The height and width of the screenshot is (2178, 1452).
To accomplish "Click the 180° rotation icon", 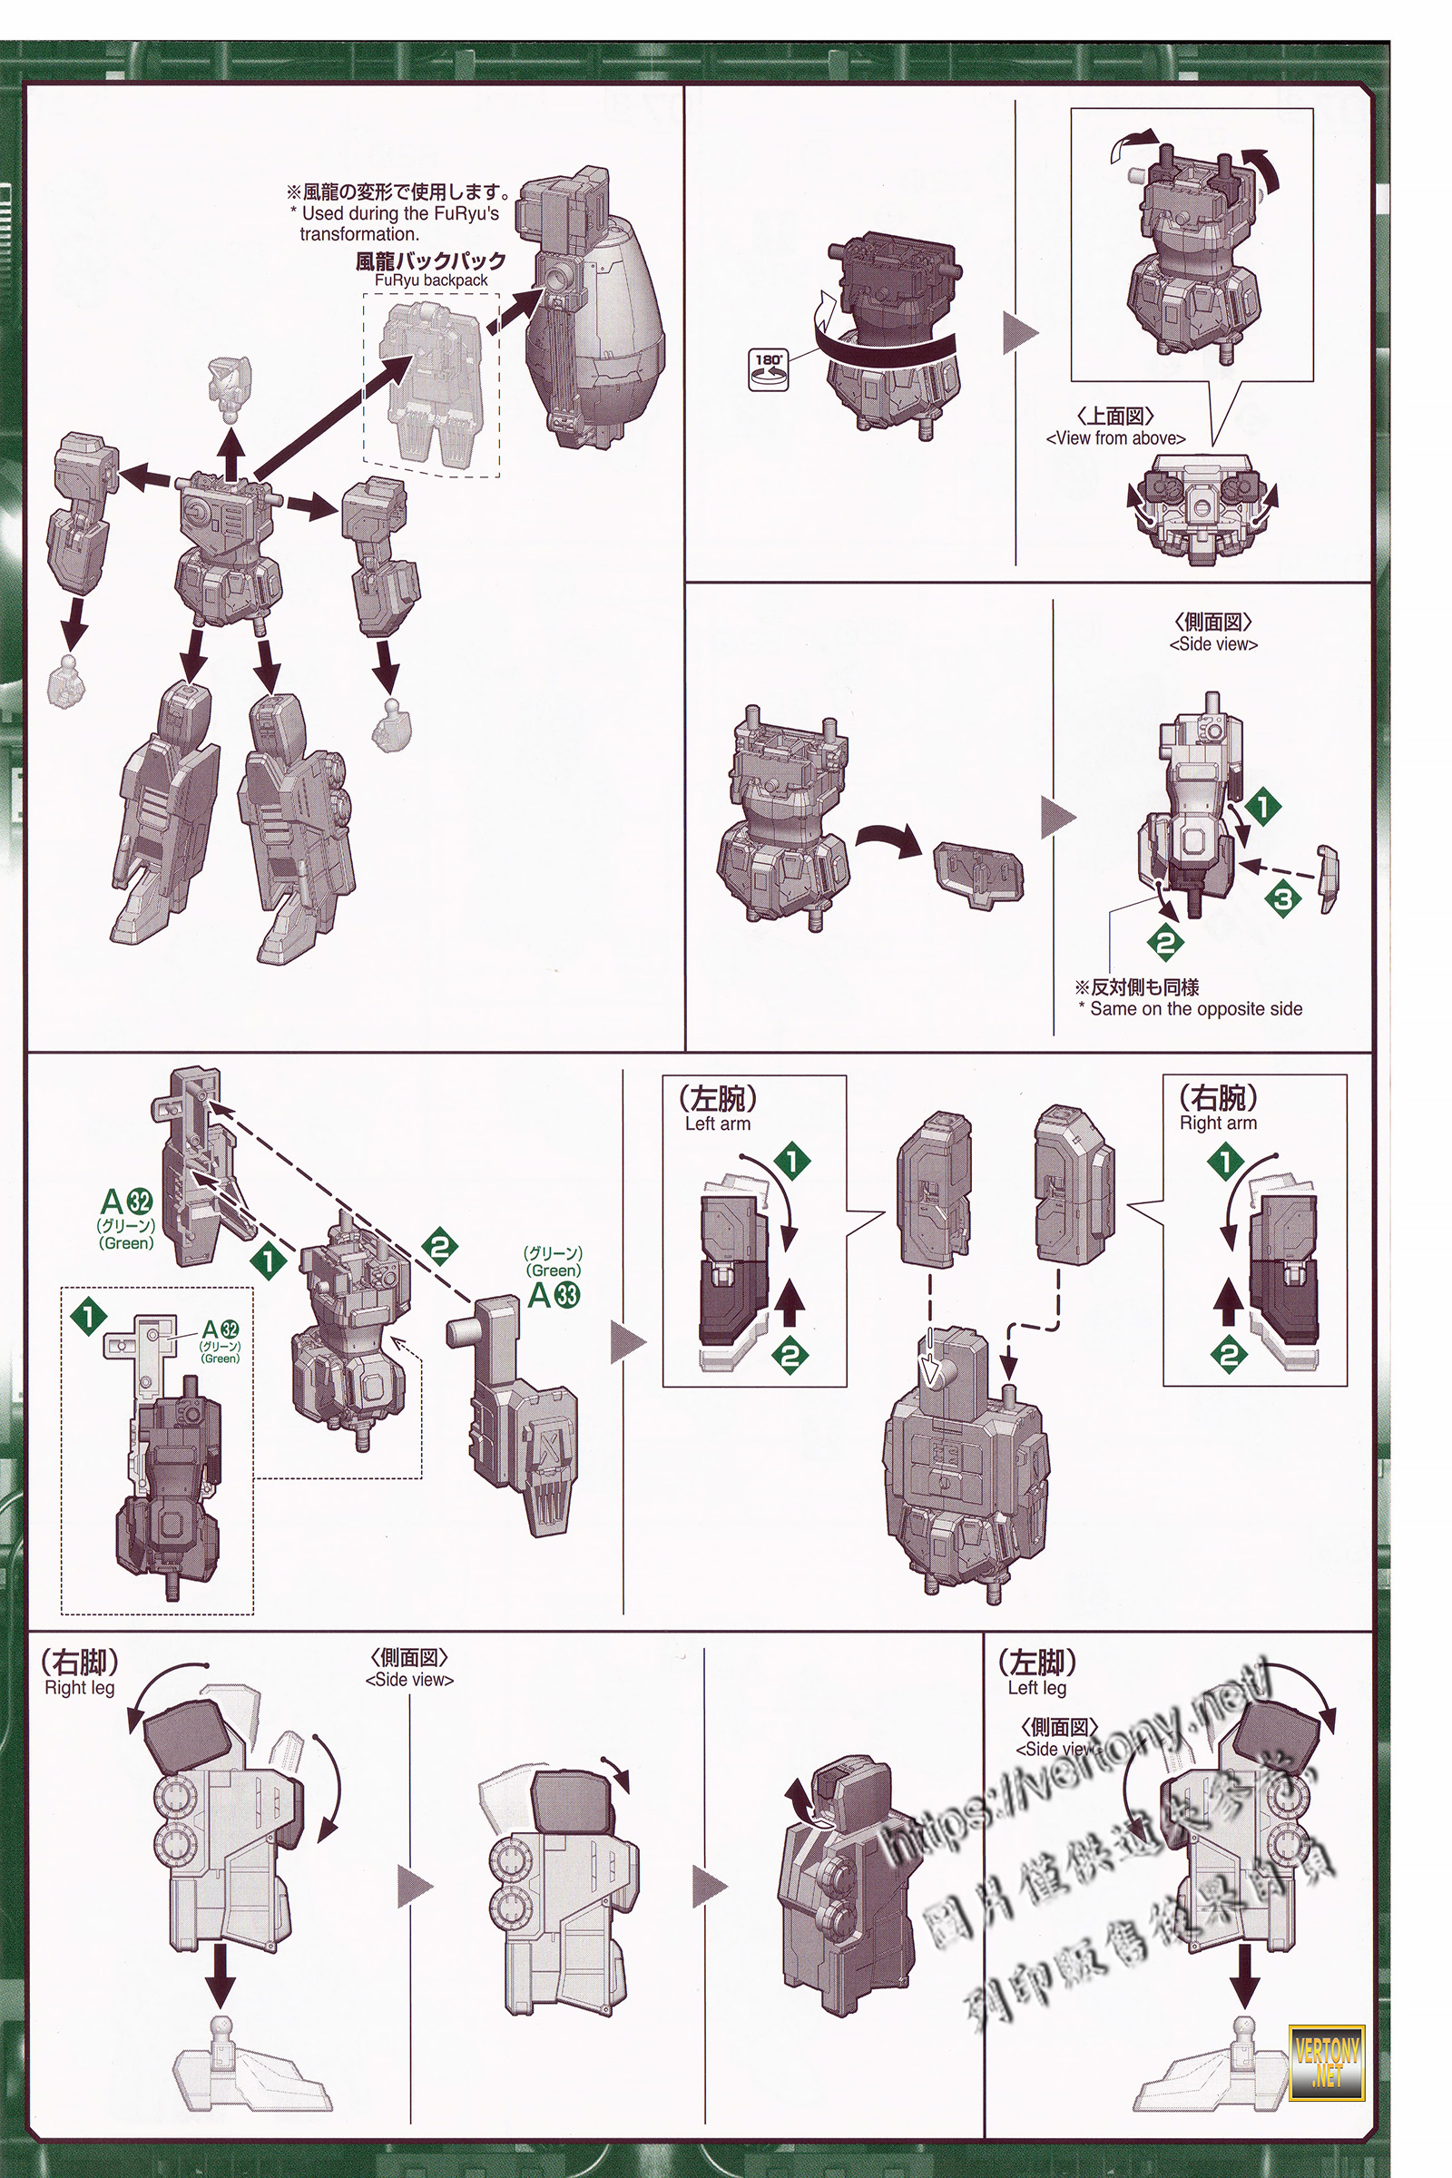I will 768,368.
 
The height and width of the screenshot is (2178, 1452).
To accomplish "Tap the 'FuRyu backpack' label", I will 430,271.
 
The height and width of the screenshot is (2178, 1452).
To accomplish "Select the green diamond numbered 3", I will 1282,898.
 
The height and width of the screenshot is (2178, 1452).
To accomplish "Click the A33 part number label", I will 554,1295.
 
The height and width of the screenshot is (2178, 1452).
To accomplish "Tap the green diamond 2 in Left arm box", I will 790,1356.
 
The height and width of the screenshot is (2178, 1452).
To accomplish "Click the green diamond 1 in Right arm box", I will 1226,1161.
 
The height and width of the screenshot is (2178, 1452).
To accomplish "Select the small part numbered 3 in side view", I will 1329,877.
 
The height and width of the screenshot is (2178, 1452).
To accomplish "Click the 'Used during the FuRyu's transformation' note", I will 399,213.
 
